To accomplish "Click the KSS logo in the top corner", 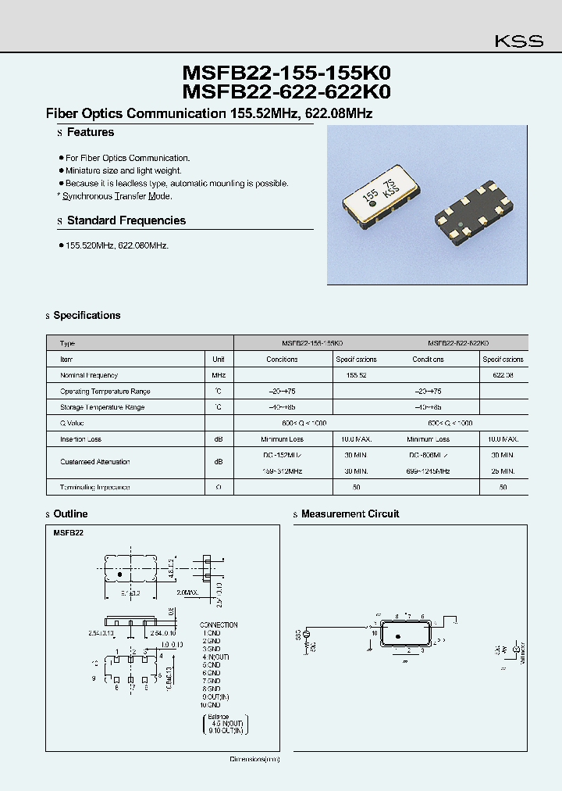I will click(x=519, y=41).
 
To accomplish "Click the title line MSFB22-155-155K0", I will click(x=286, y=73).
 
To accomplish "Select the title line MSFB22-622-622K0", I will click(x=286, y=92).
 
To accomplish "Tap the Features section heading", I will click(x=90, y=133).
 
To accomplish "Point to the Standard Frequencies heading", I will click(x=126, y=220).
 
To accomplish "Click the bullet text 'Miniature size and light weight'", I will click(x=123, y=170).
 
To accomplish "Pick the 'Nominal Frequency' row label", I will click(x=88, y=375).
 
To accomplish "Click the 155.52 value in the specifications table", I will click(x=356, y=375).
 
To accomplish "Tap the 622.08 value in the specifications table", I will click(x=503, y=375).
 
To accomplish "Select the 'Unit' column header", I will click(x=219, y=360).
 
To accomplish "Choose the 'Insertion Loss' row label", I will click(x=80, y=439).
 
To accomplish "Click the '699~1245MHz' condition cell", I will click(x=428, y=471).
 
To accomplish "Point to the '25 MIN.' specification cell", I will click(x=503, y=471).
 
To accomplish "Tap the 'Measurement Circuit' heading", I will click(x=350, y=514).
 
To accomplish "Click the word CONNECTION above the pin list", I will click(x=219, y=625).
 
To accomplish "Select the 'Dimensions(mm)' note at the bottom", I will click(x=254, y=759).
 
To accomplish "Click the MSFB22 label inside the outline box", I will click(x=69, y=532).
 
